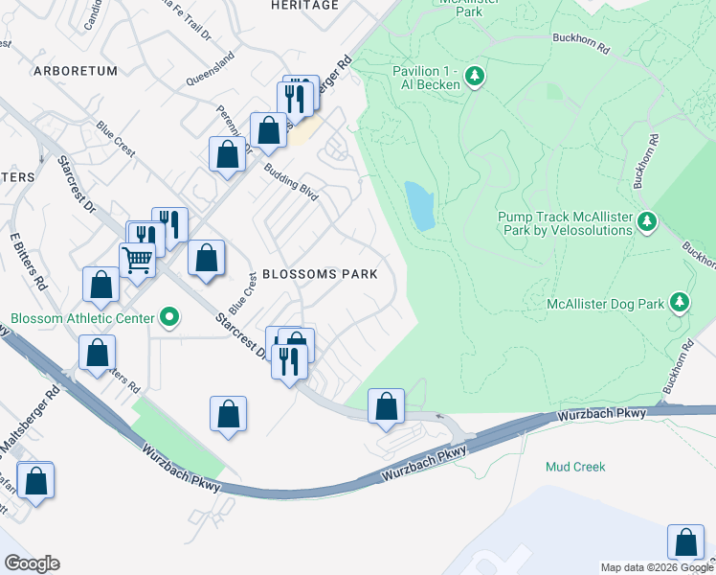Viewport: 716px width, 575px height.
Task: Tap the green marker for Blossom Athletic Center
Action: click(x=170, y=315)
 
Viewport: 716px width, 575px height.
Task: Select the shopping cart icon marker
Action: click(x=138, y=258)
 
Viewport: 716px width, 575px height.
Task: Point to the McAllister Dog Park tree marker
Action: click(x=680, y=304)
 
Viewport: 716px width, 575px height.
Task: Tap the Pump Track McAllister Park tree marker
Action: click(x=647, y=222)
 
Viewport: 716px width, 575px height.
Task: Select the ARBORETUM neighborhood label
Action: click(x=75, y=71)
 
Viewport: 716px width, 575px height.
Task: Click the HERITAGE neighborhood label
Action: click(x=304, y=6)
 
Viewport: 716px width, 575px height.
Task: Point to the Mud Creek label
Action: click(x=575, y=467)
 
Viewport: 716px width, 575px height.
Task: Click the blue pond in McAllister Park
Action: click(x=419, y=205)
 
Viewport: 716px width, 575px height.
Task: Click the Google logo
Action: click(x=31, y=563)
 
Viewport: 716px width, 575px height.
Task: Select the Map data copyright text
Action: click(x=657, y=567)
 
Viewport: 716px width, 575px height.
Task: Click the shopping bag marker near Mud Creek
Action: click(x=685, y=541)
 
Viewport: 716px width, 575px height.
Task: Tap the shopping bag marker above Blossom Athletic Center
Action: click(x=101, y=284)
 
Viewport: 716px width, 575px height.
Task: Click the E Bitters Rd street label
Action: click(x=28, y=260)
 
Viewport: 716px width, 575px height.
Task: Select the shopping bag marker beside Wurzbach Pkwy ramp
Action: click(x=386, y=406)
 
